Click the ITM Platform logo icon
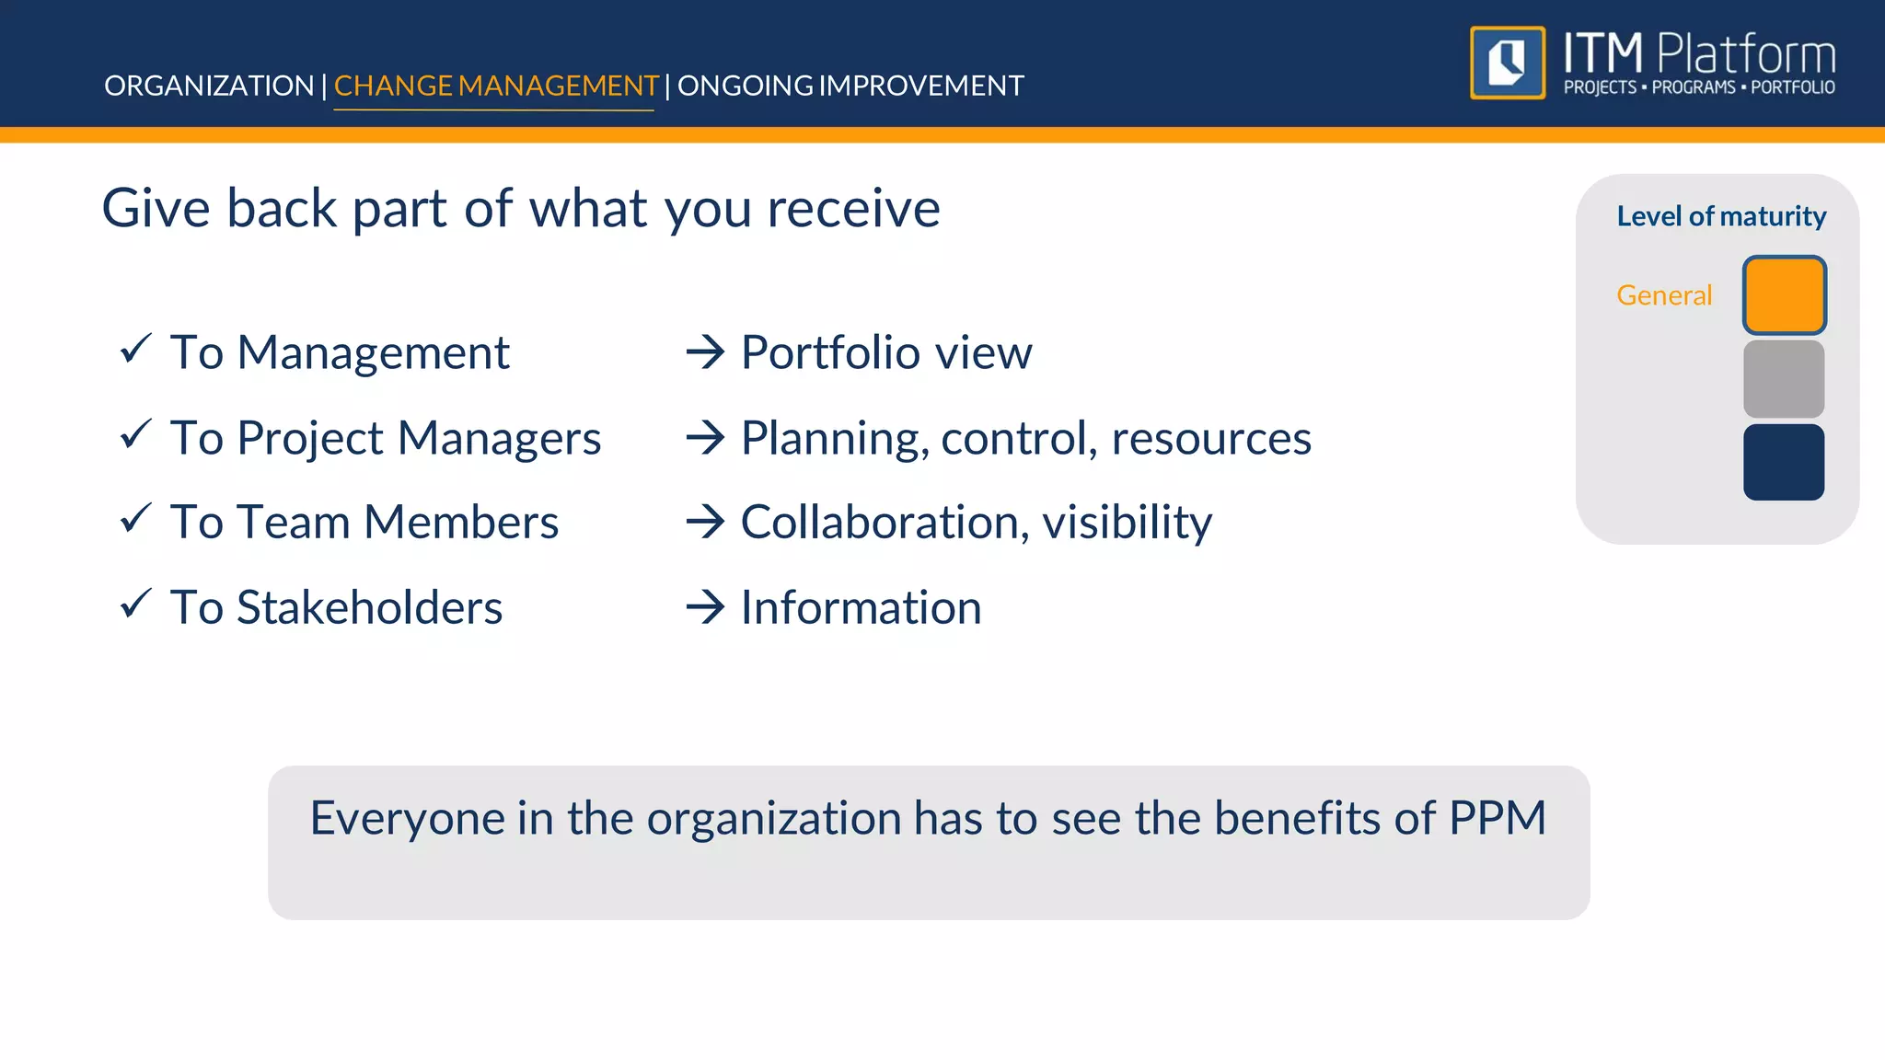(x=1507, y=63)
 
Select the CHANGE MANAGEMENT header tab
(x=495, y=86)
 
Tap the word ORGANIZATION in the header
(x=209, y=86)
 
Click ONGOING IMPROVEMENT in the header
(x=850, y=86)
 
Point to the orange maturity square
(x=1784, y=295)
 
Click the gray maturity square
(x=1784, y=379)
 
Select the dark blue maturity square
(x=1784, y=462)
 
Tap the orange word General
(x=1664, y=295)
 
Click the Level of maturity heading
(x=1721, y=216)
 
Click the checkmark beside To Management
(x=135, y=350)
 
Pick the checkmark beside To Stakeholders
(x=135, y=605)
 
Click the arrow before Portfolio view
(x=706, y=352)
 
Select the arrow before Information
(x=706, y=607)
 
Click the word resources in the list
(x=1211, y=438)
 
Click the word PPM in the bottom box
(x=1498, y=818)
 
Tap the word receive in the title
(x=853, y=208)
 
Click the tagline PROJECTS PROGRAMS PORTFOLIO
(x=1699, y=87)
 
